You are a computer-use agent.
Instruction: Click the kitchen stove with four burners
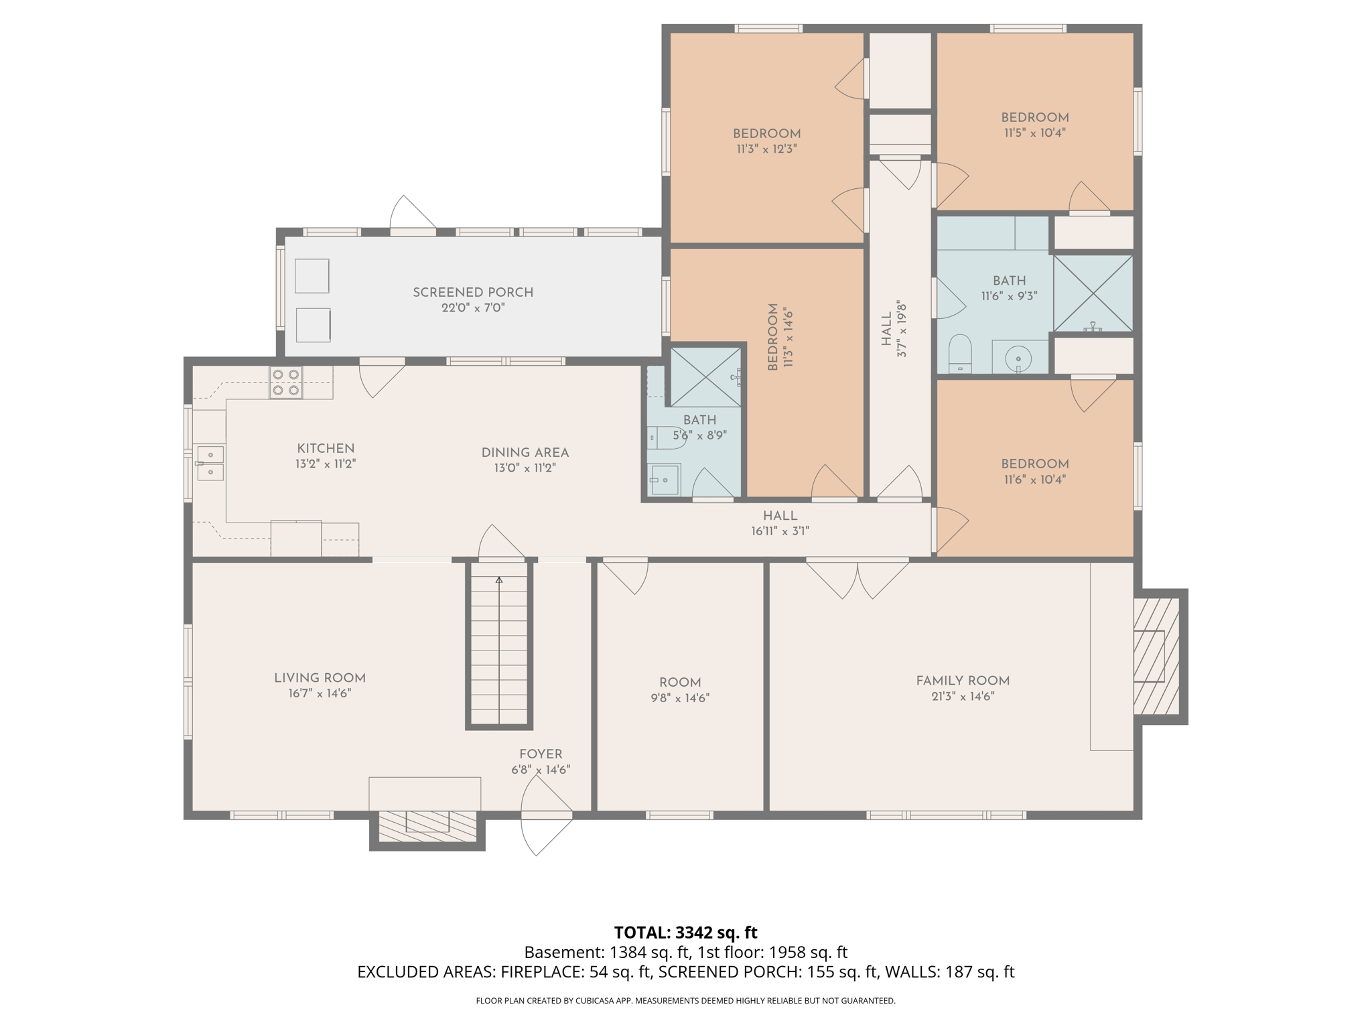click(x=285, y=383)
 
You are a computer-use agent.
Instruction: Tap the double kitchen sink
click(x=210, y=463)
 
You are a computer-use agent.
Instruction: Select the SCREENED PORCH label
click(x=472, y=293)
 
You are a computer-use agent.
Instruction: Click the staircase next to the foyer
click(x=499, y=646)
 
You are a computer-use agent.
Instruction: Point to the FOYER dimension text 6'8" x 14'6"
click(x=540, y=770)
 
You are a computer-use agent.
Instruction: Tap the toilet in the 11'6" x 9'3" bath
click(x=960, y=353)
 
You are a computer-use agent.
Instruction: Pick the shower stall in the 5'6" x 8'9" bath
click(x=705, y=377)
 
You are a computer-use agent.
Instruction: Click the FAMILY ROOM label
click(x=962, y=681)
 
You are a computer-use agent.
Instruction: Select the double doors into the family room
click(x=857, y=577)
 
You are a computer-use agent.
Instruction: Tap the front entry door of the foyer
click(x=546, y=816)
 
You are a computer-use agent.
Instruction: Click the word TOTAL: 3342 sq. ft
click(x=685, y=933)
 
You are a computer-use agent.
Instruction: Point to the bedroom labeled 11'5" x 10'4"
click(x=1034, y=125)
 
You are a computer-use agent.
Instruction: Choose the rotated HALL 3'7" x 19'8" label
click(x=894, y=328)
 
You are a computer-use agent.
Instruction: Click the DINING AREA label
click(x=525, y=453)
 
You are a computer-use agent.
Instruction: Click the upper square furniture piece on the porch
click(x=312, y=276)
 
